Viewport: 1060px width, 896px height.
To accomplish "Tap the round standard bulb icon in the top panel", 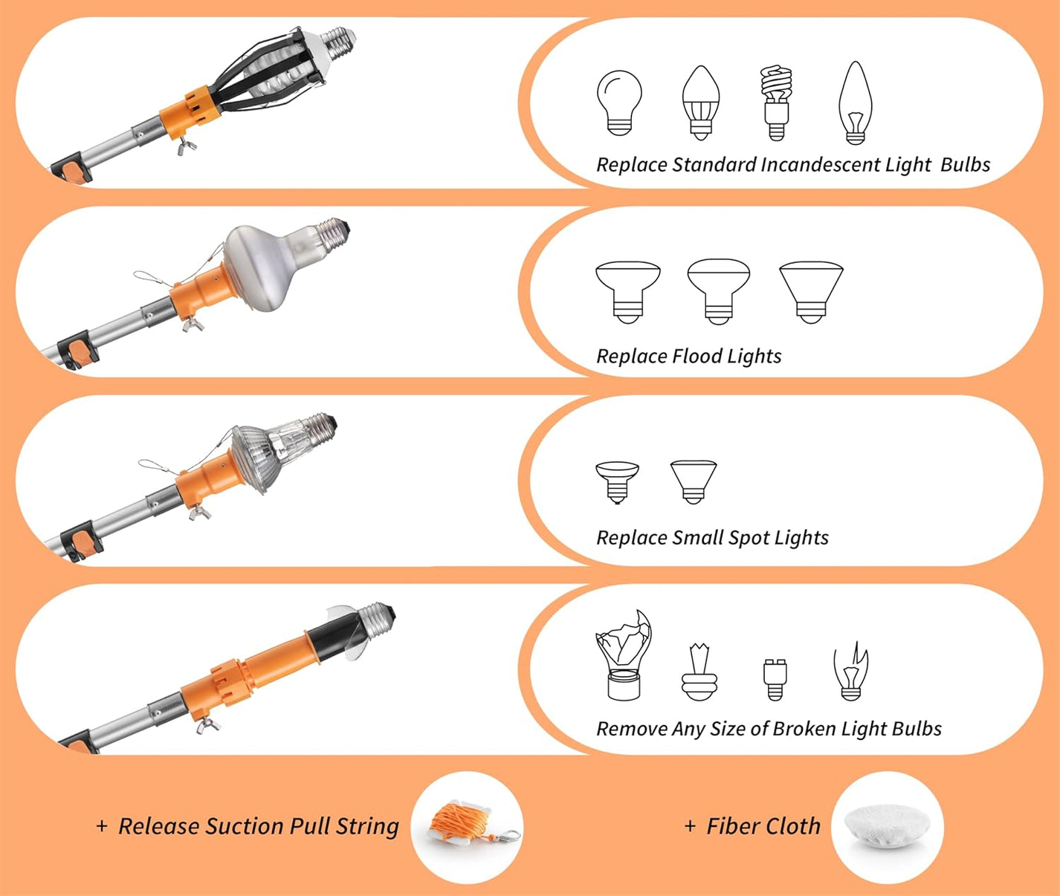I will point(618,103).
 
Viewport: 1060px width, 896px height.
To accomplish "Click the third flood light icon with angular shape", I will point(811,291).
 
